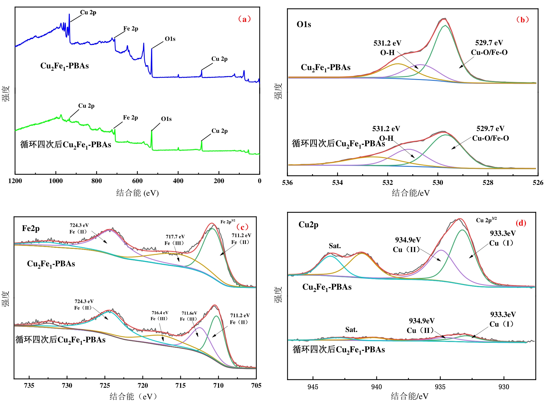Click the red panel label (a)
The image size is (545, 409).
click(244, 19)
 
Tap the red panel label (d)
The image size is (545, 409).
click(521, 223)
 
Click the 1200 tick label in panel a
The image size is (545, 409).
click(15, 181)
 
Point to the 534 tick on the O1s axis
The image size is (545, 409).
click(337, 183)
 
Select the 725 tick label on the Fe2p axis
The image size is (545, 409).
click(105, 386)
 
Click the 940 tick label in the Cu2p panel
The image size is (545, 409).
click(376, 387)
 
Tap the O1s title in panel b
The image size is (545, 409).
click(304, 24)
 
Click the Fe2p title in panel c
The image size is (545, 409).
click(31, 229)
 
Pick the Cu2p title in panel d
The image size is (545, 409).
click(308, 225)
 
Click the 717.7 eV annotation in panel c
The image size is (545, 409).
click(175, 237)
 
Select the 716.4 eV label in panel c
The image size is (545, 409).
click(160, 313)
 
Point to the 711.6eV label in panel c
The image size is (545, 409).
click(189, 313)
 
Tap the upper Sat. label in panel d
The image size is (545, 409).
click(335, 246)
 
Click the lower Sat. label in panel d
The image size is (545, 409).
click(351, 330)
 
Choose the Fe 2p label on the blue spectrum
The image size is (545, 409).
click(131, 29)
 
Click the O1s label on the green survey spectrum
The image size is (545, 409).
click(166, 119)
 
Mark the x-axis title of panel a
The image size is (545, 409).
click(137, 193)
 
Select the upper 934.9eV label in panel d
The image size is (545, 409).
click(408, 240)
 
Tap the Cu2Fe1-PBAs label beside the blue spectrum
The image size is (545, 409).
click(65, 66)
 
